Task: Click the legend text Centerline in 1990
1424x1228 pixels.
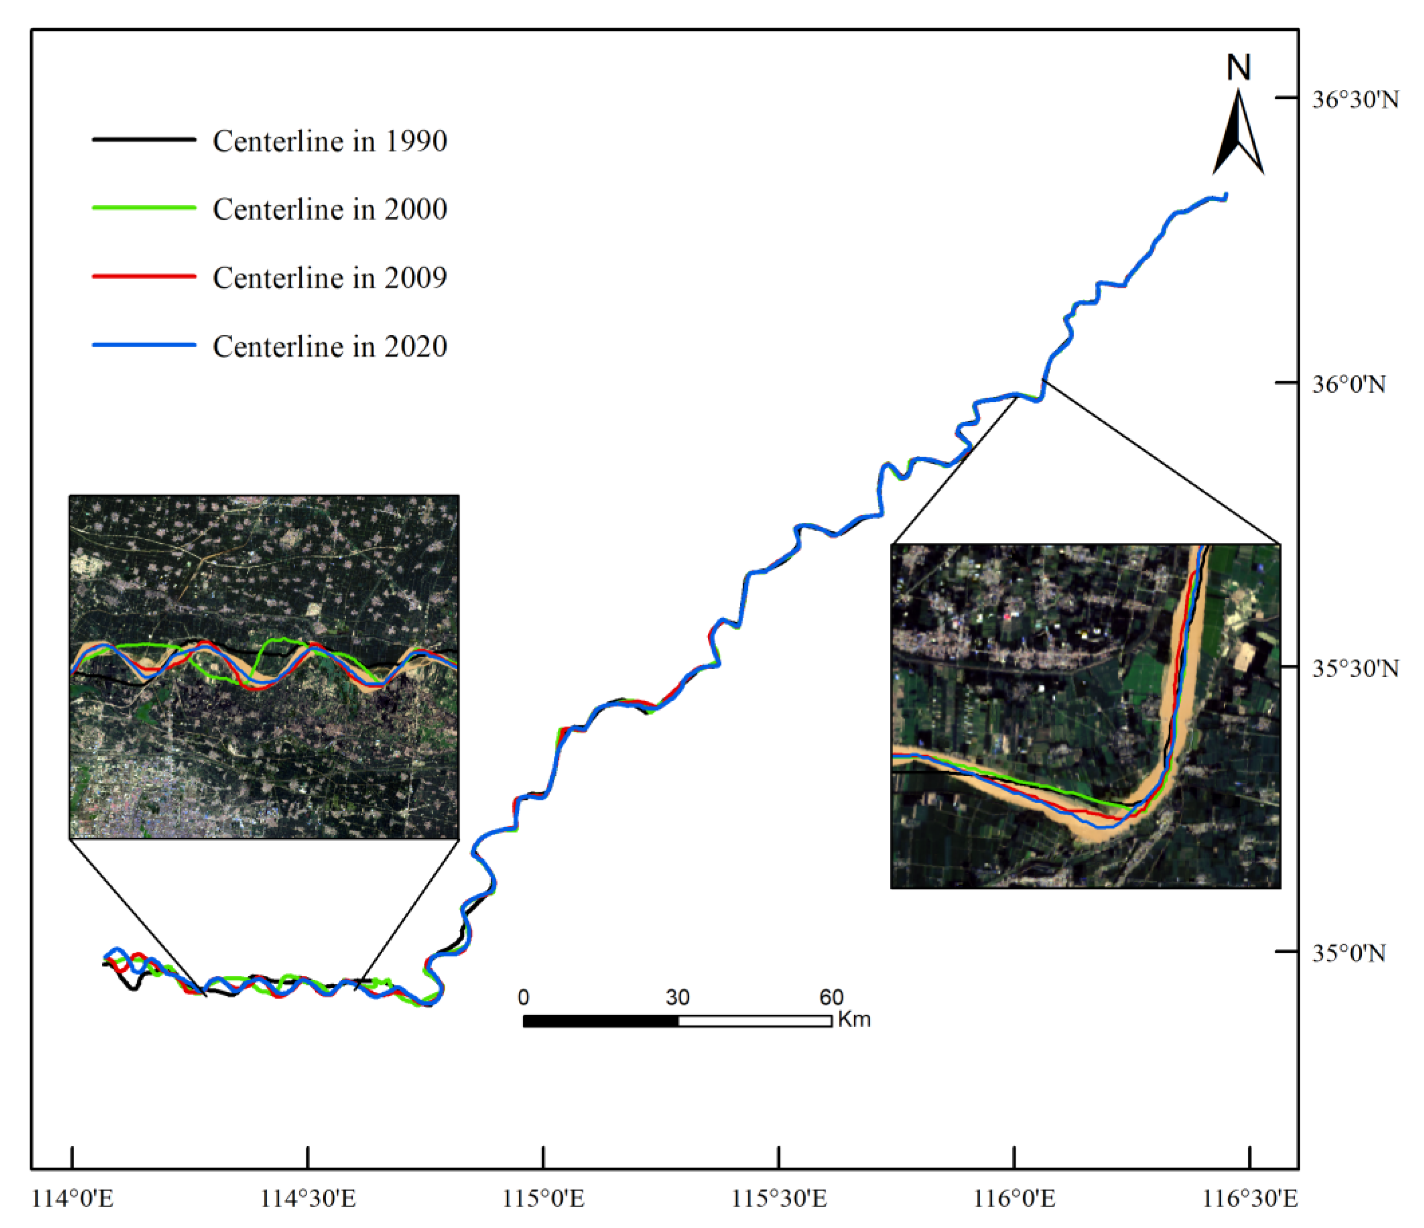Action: click(x=330, y=142)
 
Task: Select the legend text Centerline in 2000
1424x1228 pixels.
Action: click(x=330, y=210)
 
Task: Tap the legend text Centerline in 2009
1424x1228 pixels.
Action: click(x=330, y=278)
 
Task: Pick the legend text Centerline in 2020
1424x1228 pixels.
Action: click(x=330, y=346)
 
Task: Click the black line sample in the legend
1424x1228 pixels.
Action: click(x=144, y=140)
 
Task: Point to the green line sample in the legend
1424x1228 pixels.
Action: click(x=144, y=208)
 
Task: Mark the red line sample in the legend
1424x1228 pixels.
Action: click(x=144, y=276)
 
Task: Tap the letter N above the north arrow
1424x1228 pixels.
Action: click(x=1238, y=68)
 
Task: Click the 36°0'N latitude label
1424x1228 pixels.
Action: click(x=1349, y=384)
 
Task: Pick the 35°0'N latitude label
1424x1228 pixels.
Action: click(x=1349, y=953)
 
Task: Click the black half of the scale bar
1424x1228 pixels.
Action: click(x=601, y=1021)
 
